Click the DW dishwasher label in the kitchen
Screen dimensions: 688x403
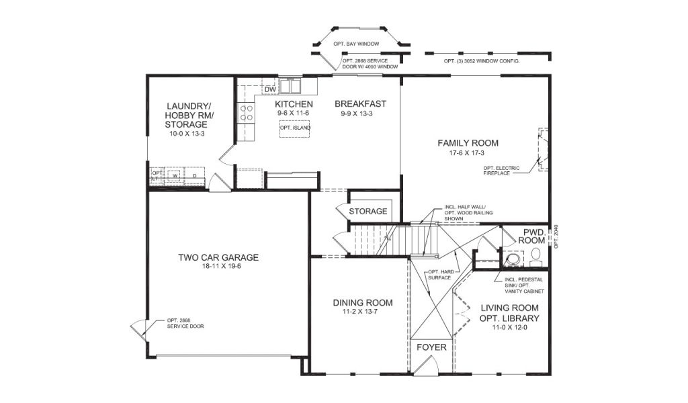(x=270, y=89)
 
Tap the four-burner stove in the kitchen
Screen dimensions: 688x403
(x=247, y=112)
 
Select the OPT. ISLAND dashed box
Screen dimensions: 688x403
(x=295, y=128)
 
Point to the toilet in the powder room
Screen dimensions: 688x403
(x=535, y=257)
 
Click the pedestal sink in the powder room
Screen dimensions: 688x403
(x=513, y=259)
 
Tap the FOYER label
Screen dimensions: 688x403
(x=431, y=347)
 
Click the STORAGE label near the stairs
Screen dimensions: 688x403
(x=368, y=212)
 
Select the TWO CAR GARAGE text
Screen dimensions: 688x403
(x=218, y=257)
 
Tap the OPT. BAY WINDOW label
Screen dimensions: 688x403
(x=356, y=44)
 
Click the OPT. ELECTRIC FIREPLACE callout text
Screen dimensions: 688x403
(x=501, y=171)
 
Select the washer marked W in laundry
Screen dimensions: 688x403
(x=175, y=176)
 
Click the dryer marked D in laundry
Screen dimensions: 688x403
(x=194, y=176)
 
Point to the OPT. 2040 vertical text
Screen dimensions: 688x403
(x=556, y=237)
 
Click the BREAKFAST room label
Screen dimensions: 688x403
(x=360, y=104)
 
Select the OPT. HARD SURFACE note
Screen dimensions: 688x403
(x=441, y=275)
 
